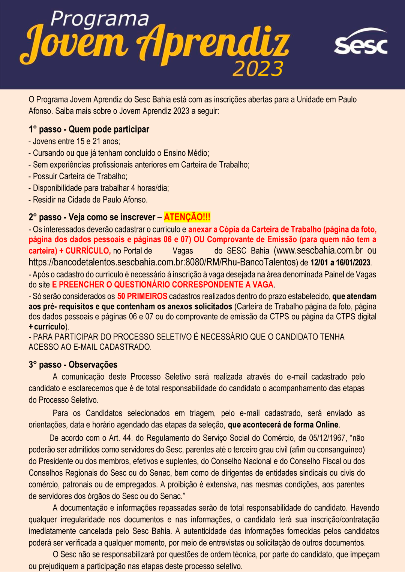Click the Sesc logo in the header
360,42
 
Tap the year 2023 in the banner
258,69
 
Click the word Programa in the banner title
100,19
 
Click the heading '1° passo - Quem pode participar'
89,130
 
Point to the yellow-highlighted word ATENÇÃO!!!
187,217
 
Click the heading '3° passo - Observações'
73,365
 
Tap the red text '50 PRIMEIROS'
142,296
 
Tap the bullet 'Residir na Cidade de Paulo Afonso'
88,200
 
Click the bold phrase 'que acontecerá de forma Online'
283,425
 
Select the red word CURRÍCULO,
88,251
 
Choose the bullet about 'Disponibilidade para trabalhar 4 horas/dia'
99,188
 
